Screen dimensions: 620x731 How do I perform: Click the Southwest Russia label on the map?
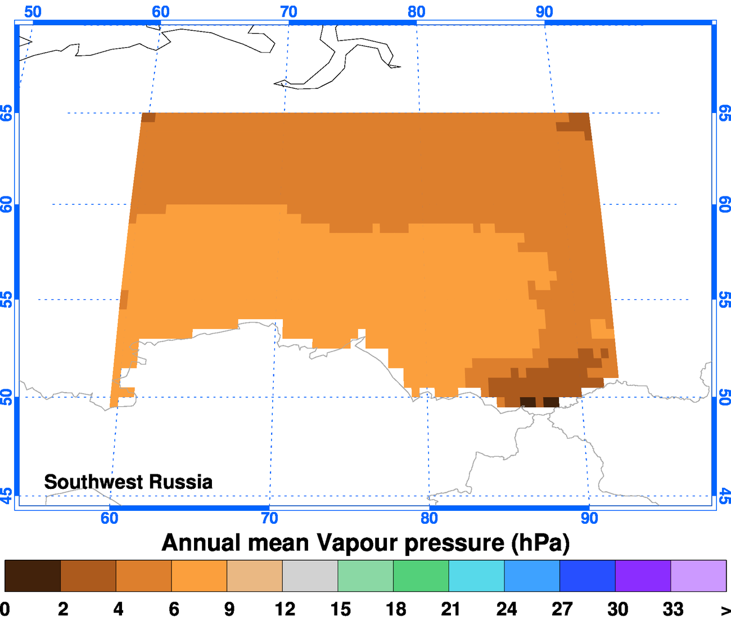[128, 482]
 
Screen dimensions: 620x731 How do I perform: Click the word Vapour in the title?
[354, 543]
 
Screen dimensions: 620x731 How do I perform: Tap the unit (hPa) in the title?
[540, 543]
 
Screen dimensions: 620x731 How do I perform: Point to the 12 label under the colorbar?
[285, 609]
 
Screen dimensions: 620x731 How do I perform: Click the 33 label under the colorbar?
[673, 609]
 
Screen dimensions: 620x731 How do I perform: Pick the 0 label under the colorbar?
[5, 609]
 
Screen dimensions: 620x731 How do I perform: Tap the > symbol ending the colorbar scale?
[725, 609]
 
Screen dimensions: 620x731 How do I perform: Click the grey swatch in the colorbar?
[310, 576]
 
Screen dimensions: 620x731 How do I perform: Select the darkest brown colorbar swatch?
[33, 576]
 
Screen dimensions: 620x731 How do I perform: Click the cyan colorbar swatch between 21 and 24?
[476, 576]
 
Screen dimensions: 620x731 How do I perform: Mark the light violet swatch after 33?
[698, 576]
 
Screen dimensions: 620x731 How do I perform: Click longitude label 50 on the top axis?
[33, 11]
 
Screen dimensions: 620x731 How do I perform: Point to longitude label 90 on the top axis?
[544, 11]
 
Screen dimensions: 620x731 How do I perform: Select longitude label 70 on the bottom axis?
[269, 518]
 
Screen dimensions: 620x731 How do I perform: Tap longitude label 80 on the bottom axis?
[429, 518]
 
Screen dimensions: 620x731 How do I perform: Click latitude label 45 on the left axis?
[6, 496]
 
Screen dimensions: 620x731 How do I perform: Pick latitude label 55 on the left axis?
[6, 299]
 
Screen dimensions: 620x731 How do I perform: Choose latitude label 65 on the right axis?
[724, 113]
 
